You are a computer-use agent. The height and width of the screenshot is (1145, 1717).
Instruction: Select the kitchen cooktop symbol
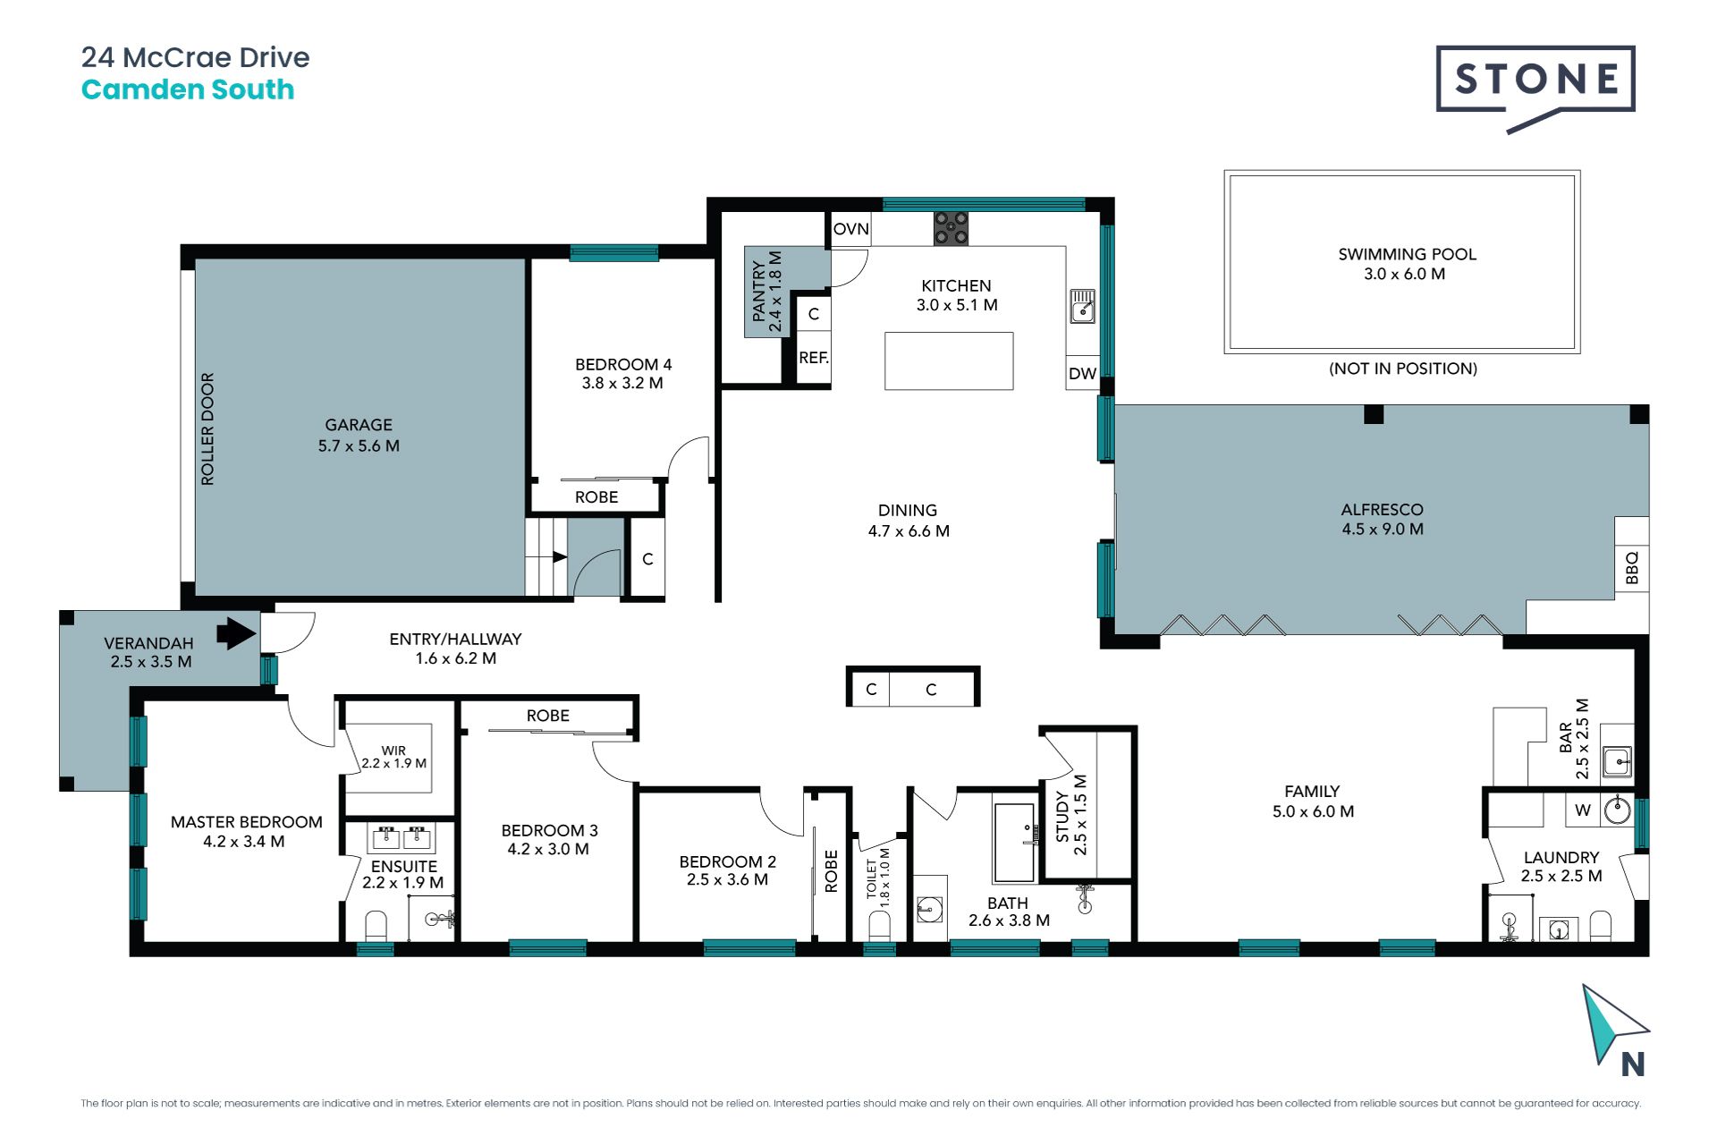click(x=951, y=228)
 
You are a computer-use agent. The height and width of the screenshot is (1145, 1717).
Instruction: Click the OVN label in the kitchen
click(x=850, y=229)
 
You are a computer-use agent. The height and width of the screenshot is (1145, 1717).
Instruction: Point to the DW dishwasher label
click(x=1082, y=374)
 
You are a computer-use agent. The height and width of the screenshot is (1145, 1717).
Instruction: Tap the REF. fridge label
click(x=814, y=358)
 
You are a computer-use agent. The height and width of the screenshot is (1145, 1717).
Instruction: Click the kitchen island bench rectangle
click(x=949, y=360)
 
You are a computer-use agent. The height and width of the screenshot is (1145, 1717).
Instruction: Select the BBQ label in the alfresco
click(x=1632, y=568)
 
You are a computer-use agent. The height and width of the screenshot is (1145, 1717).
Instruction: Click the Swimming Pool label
click(x=1407, y=254)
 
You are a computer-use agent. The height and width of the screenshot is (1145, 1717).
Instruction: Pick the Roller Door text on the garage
click(x=207, y=429)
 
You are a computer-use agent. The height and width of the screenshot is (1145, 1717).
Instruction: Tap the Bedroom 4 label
click(x=623, y=364)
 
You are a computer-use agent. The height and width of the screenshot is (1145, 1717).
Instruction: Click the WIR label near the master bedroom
click(x=393, y=751)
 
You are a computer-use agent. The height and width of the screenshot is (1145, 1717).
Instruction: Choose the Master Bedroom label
click(x=247, y=822)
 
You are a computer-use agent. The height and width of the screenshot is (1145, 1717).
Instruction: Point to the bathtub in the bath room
click(x=1014, y=843)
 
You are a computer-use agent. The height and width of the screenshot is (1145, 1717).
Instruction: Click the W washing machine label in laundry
click(x=1583, y=810)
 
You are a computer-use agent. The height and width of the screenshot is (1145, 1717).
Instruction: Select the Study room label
click(x=1062, y=816)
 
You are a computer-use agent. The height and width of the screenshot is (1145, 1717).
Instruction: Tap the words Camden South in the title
click(x=188, y=89)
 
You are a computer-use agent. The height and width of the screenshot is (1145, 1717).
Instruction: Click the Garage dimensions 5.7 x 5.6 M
click(x=359, y=445)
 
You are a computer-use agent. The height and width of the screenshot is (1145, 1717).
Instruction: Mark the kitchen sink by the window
click(x=1083, y=306)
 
